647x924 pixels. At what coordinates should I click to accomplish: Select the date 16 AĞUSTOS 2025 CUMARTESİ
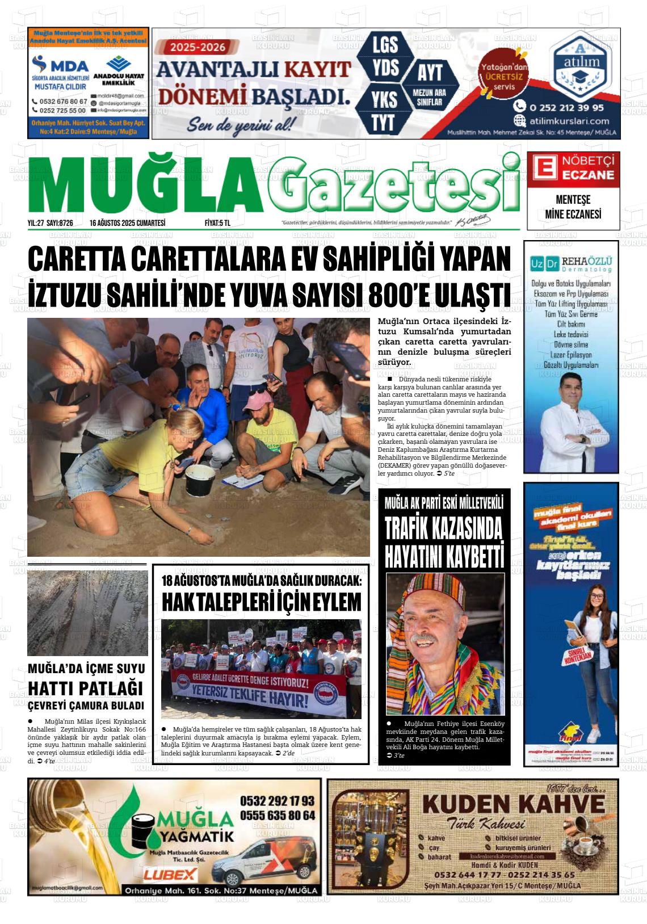click(127, 223)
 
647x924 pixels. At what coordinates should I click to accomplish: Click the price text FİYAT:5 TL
click(217, 223)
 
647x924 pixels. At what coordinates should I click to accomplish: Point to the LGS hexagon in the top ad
click(385, 45)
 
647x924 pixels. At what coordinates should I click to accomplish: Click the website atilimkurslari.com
click(569, 120)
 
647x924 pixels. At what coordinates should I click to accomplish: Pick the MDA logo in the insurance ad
click(61, 65)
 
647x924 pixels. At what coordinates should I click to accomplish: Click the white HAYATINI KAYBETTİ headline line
click(444, 556)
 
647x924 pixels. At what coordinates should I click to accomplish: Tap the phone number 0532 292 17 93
click(277, 801)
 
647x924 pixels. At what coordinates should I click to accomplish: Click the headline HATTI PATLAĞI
click(86, 688)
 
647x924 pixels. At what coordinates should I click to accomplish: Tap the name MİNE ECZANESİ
click(573, 214)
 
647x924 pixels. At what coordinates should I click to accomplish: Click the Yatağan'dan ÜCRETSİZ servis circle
click(503, 77)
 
